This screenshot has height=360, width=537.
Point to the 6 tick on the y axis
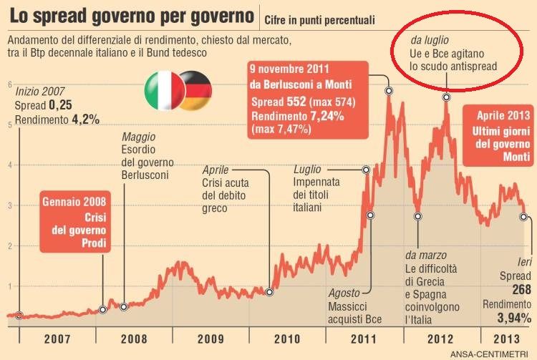click(9, 84)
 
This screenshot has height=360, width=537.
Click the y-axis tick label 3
click(9, 206)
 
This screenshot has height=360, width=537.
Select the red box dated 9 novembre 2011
click(306, 98)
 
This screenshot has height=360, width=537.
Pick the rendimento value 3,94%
click(514, 317)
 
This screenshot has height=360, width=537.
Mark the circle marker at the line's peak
click(389, 91)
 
